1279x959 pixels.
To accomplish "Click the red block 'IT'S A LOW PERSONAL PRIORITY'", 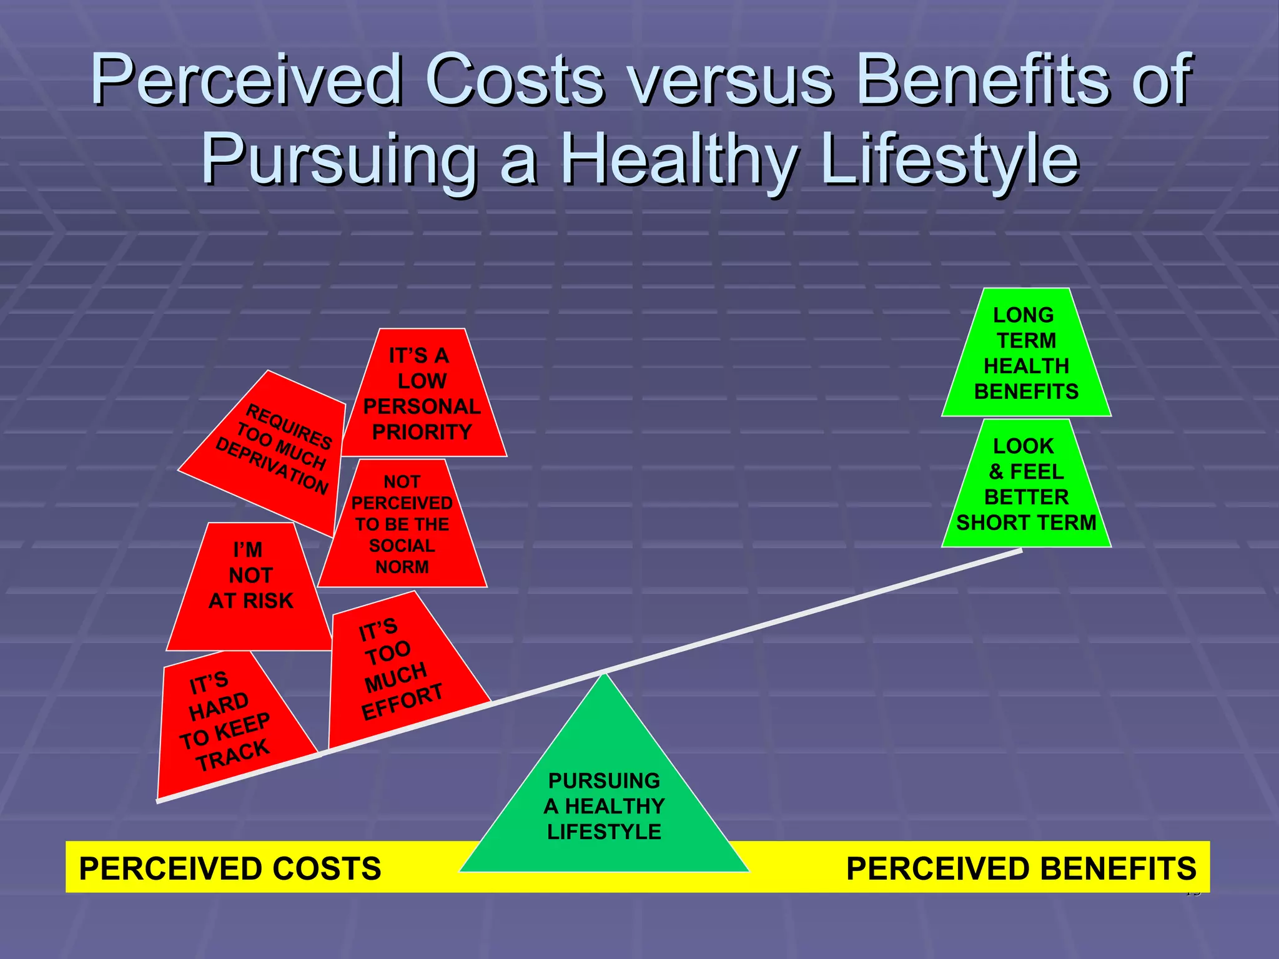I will (x=422, y=393).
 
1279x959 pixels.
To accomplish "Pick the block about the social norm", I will (x=403, y=524).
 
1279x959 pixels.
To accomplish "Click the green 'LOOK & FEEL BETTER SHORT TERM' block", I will (x=1026, y=484).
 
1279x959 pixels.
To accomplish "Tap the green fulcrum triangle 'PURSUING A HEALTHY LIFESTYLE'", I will (x=604, y=805).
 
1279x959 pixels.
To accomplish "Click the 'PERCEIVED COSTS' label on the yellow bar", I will (x=230, y=868).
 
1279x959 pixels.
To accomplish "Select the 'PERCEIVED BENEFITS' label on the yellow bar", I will (x=1021, y=868).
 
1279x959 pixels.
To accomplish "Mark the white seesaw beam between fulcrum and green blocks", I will (x=812, y=612).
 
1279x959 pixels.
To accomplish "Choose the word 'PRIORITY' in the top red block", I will (x=422, y=432).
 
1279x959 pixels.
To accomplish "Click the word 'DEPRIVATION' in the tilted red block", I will (x=272, y=466).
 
